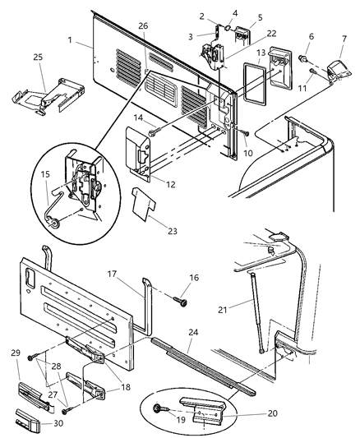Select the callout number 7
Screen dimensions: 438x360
(x=343, y=39)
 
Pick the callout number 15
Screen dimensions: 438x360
(x=46, y=176)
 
